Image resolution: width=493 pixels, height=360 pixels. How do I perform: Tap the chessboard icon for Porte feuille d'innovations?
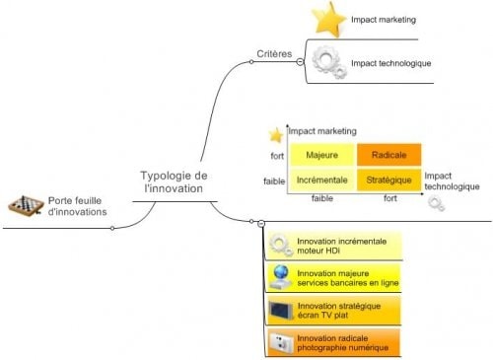click(x=25, y=204)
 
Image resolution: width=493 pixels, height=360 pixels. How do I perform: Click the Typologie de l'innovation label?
click(x=174, y=181)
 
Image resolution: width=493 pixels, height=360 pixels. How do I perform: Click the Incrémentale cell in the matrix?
click(x=321, y=180)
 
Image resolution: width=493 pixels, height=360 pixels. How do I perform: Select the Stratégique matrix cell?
click(x=387, y=180)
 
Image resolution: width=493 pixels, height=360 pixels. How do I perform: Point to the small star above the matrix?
click(x=275, y=134)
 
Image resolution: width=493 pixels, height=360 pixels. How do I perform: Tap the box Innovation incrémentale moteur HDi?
click(x=337, y=246)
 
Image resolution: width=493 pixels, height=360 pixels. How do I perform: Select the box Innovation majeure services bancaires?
click(x=337, y=278)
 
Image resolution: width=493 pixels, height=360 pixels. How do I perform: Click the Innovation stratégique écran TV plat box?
click(x=337, y=311)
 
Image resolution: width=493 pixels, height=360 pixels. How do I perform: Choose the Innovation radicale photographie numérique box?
click(x=337, y=343)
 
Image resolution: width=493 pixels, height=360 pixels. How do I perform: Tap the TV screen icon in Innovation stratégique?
click(x=280, y=311)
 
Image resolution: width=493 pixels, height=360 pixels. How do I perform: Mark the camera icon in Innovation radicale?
click(x=280, y=343)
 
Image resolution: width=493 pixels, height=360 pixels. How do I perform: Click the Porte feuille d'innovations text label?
click(x=77, y=205)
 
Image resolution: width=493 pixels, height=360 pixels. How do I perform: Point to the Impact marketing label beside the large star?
click(x=384, y=19)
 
